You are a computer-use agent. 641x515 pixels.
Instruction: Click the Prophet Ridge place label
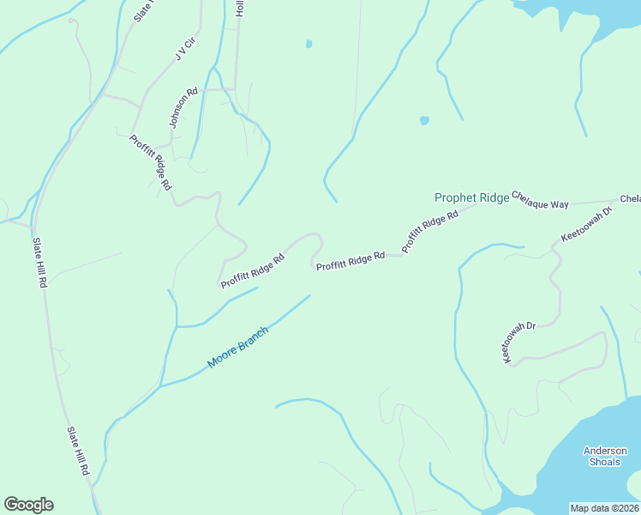click(x=471, y=197)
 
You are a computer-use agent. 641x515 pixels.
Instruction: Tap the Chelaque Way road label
click(x=540, y=200)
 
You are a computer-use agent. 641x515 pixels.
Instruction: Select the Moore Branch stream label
click(x=238, y=348)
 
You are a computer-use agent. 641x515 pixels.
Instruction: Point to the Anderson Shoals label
click(x=605, y=456)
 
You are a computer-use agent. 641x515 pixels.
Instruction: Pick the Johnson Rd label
click(x=183, y=107)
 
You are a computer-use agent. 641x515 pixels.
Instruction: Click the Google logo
click(x=28, y=505)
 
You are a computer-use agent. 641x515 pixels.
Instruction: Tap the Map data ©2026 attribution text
click(x=604, y=508)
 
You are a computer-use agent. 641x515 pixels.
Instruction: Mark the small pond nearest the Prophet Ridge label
click(x=424, y=120)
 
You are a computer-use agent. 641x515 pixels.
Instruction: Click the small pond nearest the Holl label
click(x=309, y=44)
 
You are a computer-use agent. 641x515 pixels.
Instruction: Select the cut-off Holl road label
click(x=241, y=8)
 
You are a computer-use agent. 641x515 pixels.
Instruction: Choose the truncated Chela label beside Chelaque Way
click(x=630, y=199)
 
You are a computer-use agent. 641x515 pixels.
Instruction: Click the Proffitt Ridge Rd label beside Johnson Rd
click(x=151, y=162)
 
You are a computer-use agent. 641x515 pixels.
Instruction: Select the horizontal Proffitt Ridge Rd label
click(x=350, y=262)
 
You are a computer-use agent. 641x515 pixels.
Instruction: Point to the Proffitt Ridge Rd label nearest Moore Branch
click(x=252, y=271)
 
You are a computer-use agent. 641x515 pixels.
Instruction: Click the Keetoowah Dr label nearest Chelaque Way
click(x=587, y=223)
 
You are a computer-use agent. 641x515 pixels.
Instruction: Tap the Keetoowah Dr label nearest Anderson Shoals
click(x=519, y=343)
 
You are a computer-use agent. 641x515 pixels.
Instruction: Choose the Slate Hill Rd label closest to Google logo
click(x=79, y=451)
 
